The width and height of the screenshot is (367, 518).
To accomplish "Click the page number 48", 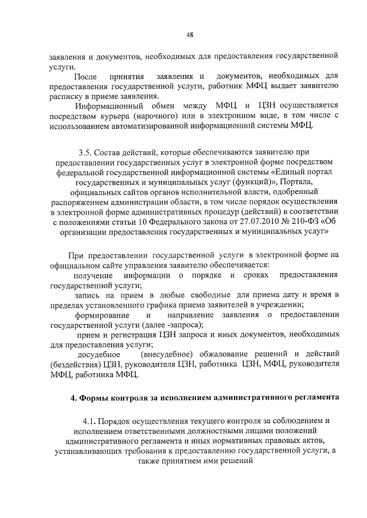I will click(189, 35).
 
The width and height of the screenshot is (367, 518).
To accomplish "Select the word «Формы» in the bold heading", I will click(93, 397).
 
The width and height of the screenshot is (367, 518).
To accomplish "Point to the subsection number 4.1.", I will click(91, 421).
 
